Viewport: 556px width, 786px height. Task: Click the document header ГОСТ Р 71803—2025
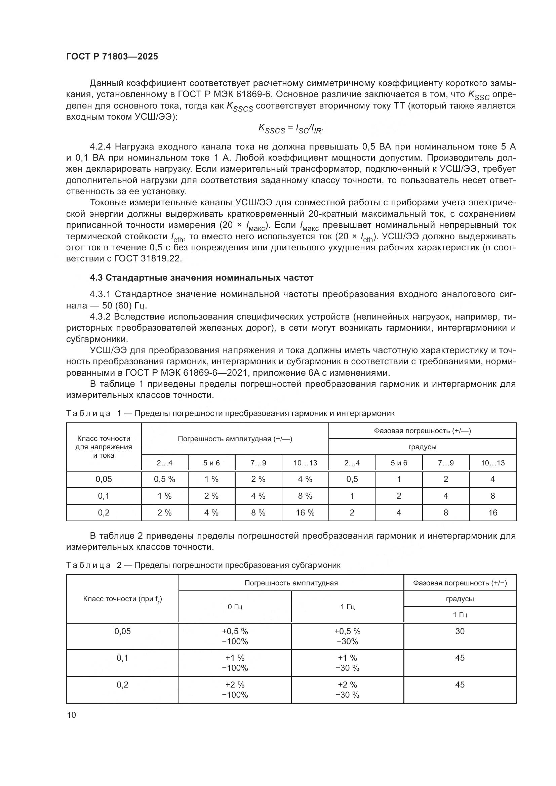point(112,56)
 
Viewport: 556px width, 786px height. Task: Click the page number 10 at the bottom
point(72,715)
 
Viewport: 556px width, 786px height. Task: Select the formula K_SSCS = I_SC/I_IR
point(290,129)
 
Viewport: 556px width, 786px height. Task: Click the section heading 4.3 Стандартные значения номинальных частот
point(201,278)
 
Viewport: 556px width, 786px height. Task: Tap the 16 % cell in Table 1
point(305,512)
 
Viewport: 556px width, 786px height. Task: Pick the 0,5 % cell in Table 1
point(164,479)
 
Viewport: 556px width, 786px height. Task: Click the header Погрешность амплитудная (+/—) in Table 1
point(235,439)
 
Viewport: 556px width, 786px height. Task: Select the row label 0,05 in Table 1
point(104,479)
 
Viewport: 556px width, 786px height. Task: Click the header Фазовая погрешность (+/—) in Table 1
point(422,431)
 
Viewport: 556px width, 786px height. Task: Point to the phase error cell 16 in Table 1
point(493,512)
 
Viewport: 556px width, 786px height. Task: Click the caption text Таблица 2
point(88,565)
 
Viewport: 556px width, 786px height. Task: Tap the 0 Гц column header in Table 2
point(235,607)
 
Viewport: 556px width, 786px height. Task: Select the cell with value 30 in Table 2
point(460,631)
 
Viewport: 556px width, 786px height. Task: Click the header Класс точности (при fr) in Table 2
point(122,599)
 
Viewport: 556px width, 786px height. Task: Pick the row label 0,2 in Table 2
point(122,685)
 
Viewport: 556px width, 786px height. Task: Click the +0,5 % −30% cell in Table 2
point(347,636)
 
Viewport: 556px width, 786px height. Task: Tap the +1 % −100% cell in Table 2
point(235,663)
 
